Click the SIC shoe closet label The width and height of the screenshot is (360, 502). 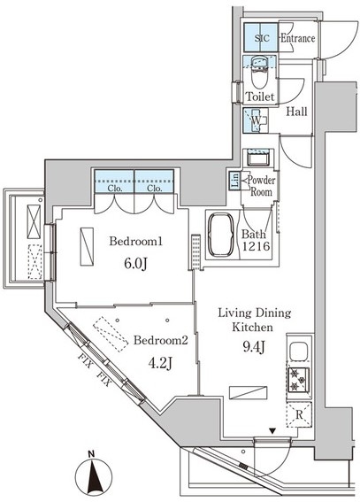pos(262,38)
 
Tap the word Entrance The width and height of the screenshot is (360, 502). pos(298,38)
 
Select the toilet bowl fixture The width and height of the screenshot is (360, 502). pos(260,73)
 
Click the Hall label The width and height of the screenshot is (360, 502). pos(296,112)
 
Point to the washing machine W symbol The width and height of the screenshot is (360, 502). pos(257,120)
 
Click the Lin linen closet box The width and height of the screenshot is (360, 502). pos(235,181)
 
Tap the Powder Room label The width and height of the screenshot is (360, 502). pos(261,186)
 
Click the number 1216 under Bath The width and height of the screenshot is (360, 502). pos(257,246)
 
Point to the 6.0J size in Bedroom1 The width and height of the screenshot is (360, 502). pos(135,264)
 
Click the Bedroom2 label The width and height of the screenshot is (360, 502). pos(160,340)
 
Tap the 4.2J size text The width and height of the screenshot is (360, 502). pos(160,363)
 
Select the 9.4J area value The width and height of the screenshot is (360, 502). pos(254,347)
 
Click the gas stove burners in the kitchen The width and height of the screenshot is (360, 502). pos(299,380)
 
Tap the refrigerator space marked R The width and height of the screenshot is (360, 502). pos(299,415)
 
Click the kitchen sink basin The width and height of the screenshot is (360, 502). pos(298,351)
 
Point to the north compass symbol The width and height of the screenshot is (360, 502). pos(94,475)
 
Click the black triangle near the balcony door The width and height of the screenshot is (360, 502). pos(272,431)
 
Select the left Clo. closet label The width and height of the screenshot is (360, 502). pos(115,189)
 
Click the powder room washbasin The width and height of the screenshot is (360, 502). pos(257,158)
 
